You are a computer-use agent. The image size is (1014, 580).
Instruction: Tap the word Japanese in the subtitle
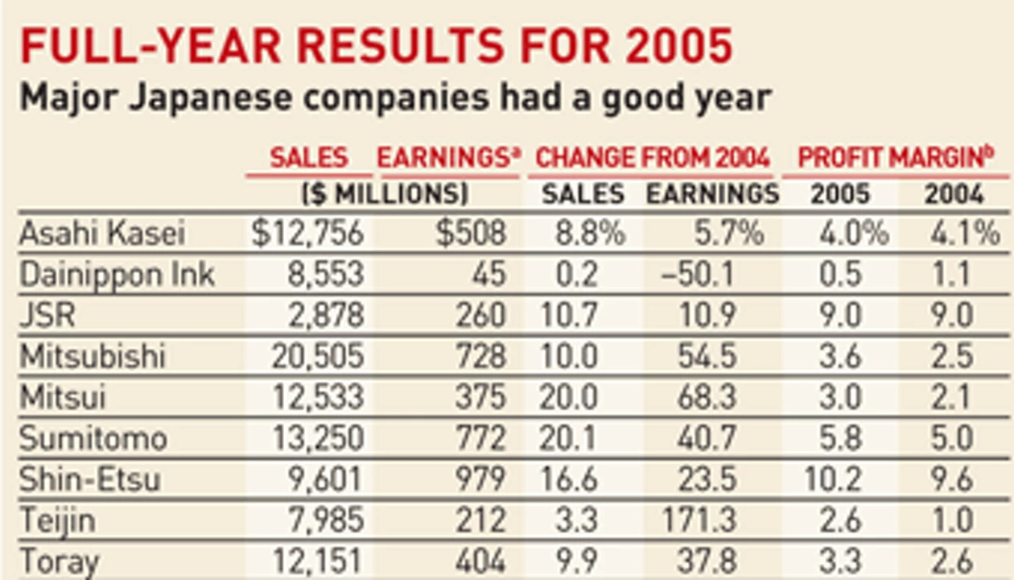(211, 98)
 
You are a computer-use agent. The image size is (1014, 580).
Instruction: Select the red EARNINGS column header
(449, 158)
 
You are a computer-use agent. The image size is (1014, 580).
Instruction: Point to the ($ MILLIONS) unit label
(385, 194)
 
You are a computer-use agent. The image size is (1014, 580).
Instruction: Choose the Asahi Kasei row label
(102, 233)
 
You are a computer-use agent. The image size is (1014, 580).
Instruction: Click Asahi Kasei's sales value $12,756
(307, 234)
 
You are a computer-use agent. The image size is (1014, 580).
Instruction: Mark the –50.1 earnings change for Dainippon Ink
(698, 275)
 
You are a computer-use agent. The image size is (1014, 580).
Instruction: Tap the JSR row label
(47, 315)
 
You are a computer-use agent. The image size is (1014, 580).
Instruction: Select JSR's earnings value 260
(480, 316)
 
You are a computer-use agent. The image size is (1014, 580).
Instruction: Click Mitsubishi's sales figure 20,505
(318, 356)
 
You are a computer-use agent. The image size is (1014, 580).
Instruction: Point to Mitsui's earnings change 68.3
(707, 397)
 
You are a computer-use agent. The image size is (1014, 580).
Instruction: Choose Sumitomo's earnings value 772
(480, 438)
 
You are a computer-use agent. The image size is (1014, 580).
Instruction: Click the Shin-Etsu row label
(90, 479)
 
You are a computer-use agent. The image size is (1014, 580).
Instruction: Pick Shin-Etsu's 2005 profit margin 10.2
(832, 479)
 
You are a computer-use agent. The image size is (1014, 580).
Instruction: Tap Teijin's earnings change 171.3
(699, 520)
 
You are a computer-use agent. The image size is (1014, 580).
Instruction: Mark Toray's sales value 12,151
(317, 561)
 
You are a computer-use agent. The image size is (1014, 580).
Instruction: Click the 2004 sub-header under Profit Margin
(954, 194)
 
